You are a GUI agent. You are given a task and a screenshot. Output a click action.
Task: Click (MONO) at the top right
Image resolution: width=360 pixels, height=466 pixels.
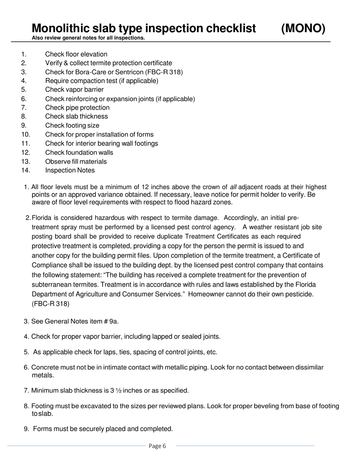click(x=303, y=28)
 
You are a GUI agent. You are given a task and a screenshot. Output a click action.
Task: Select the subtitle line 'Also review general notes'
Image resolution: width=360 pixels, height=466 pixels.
click(x=88, y=38)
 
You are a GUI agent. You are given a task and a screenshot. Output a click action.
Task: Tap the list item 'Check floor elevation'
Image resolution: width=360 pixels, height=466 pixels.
click(x=76, y=54)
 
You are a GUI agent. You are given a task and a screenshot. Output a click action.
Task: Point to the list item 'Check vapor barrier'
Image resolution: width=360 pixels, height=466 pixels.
click(x=74, y=90)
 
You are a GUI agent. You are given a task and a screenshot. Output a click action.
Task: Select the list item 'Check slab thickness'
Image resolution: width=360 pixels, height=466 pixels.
click(x=76, y=116)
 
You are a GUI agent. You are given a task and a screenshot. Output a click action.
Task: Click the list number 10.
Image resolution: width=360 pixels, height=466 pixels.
click(x=25, y=134)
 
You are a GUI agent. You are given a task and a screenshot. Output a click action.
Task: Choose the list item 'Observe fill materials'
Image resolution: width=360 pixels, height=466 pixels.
click(x=76, y=161)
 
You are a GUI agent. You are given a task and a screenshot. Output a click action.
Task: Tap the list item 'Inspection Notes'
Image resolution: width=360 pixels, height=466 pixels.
click(x=70, y=170)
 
